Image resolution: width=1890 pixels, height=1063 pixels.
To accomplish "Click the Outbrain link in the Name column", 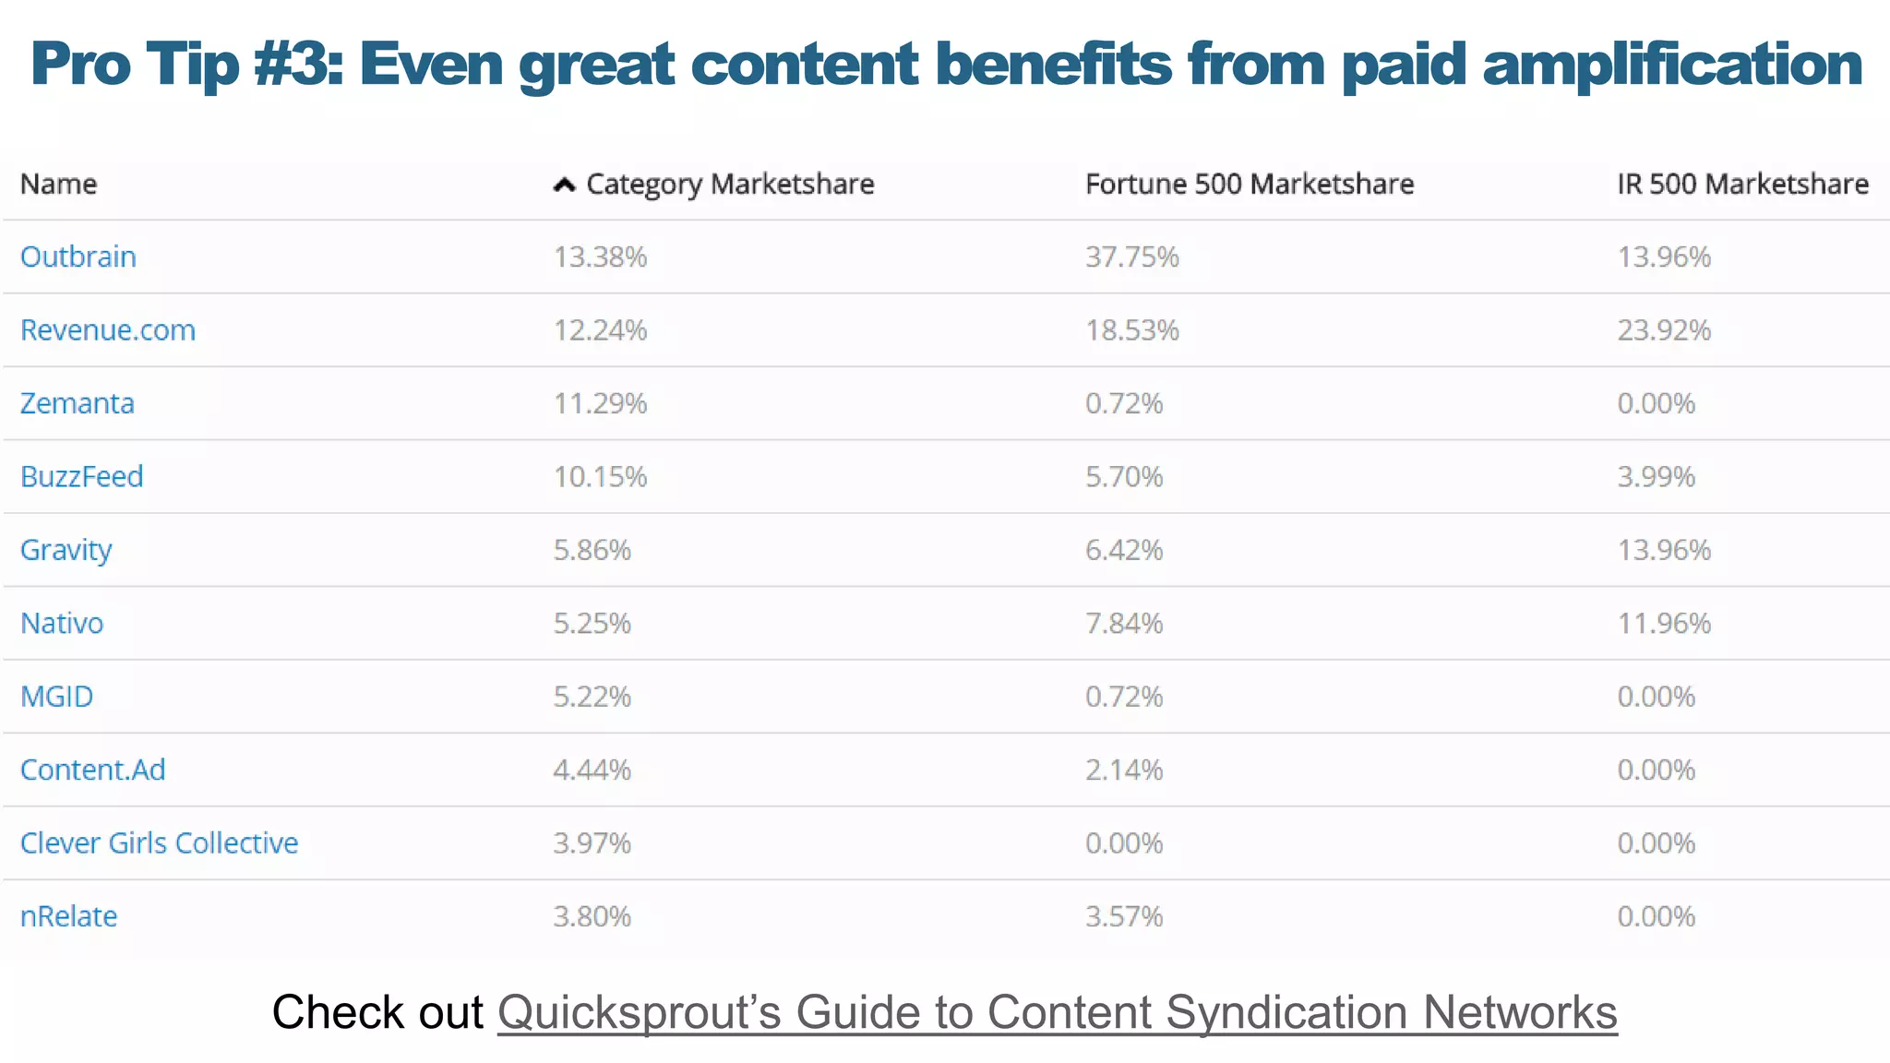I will (78, 257).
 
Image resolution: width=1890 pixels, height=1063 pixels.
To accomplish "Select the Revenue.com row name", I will (108, 330).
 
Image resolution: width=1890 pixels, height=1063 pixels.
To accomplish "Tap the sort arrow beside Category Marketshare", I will (564, 185).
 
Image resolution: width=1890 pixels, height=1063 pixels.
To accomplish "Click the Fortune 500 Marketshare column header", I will (1249, 185).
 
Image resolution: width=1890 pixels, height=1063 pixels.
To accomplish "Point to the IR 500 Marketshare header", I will (1741, 185).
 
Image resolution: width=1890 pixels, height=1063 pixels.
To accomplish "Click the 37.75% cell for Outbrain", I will (1131, 257).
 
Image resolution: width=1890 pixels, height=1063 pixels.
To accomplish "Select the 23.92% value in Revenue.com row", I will (1663, 330).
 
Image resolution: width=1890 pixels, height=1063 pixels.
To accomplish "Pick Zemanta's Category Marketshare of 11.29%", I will (600, 403).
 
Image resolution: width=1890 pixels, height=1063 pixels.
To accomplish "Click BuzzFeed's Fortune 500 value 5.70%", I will (1123, 477).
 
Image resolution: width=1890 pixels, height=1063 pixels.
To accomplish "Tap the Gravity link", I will (66, 550).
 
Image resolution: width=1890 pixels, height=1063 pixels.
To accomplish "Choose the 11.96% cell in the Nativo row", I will (1663, 624).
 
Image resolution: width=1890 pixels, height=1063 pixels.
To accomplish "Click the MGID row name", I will (57, 697).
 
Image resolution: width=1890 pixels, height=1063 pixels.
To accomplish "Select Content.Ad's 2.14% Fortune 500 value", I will (1123, 770).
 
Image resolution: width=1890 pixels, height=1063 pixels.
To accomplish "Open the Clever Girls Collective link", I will (159, 843).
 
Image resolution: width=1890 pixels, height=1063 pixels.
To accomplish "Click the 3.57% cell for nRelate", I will (1123, 916).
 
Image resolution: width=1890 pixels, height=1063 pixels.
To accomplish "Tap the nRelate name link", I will (69, 916).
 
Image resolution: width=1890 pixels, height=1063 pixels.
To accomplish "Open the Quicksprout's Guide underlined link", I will (1057, 1012).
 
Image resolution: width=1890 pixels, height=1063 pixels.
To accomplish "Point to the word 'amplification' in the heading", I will (1671, 65).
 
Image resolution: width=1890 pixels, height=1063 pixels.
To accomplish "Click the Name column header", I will (58, 185).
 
